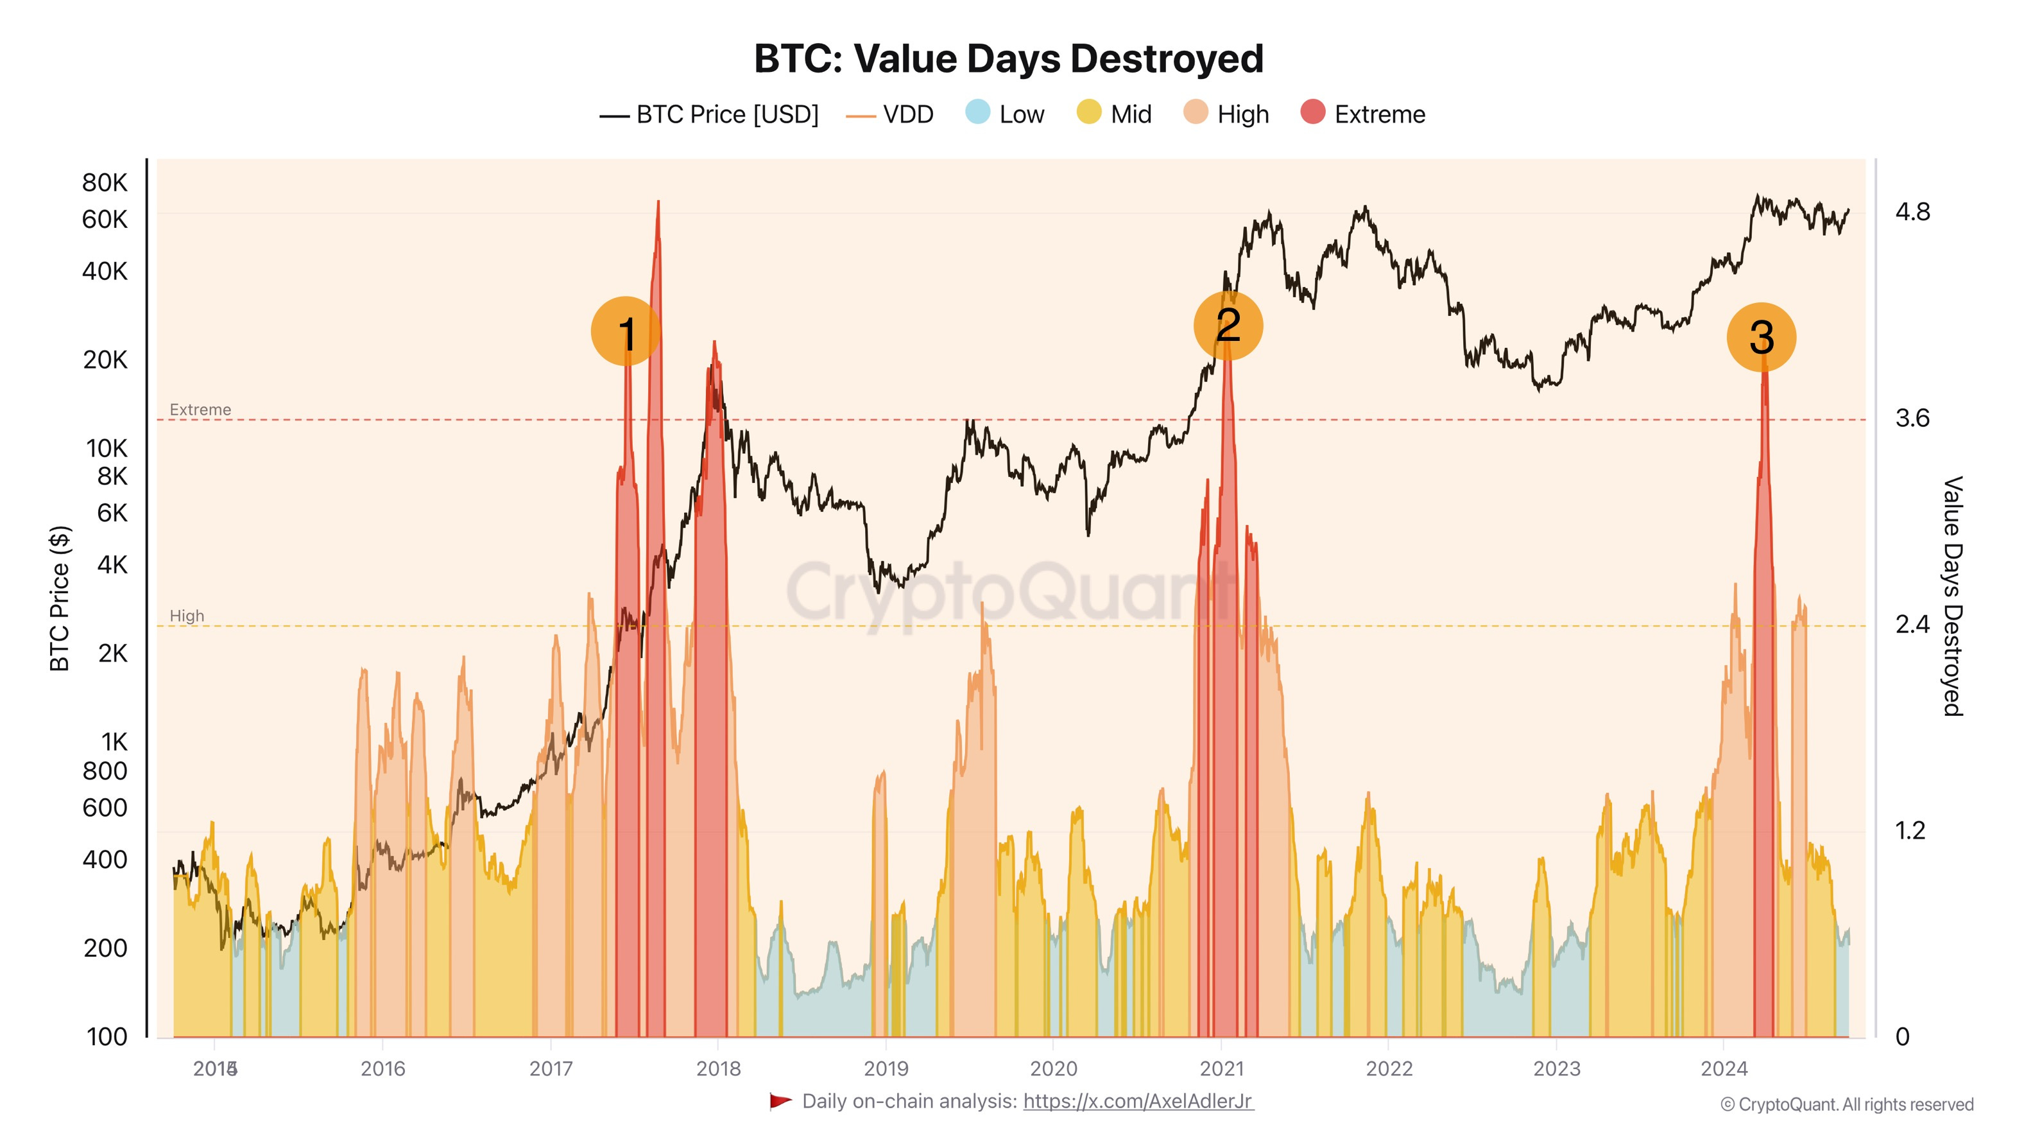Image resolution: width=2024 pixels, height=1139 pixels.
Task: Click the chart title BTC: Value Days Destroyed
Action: click(x=1008, y=59)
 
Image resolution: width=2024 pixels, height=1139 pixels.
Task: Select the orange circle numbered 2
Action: click(x=1227, y=326)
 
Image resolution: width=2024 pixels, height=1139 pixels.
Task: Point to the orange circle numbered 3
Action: click(x=1761, y=337)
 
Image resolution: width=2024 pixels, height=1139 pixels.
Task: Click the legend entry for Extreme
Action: click(x=1362, y=114)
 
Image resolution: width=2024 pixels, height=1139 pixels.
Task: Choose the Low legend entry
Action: click(x=1005, y=114)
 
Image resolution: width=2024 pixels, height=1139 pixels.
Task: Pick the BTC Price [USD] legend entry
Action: click(x=710, y=115)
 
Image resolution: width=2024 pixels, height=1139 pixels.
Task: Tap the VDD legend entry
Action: click(x=890, y=115)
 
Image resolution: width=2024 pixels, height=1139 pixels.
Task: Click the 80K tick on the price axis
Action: click(x=105, y=182)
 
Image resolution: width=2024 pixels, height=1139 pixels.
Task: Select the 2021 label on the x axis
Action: click(x=1222, y=1068)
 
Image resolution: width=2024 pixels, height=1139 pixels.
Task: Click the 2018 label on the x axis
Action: click(x=718, y=1068)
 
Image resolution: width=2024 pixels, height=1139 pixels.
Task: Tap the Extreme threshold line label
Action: click(x=200, y=410)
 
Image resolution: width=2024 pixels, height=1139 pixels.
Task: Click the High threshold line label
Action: click(x=187, y=616)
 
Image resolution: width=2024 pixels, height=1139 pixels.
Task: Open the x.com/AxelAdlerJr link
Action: click(x=1138, y=1101)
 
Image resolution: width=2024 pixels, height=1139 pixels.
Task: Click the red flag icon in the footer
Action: click(x=780, y=1101)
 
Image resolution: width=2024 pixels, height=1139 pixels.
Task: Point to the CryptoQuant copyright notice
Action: click(x=1846, y=1104)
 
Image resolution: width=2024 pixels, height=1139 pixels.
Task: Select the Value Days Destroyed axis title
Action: click(x=1951, y=596)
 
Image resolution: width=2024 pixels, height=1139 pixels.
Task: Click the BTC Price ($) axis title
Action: click(x=60, y=597)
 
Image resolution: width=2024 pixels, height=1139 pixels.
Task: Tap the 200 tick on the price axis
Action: click(x=105, y=948)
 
